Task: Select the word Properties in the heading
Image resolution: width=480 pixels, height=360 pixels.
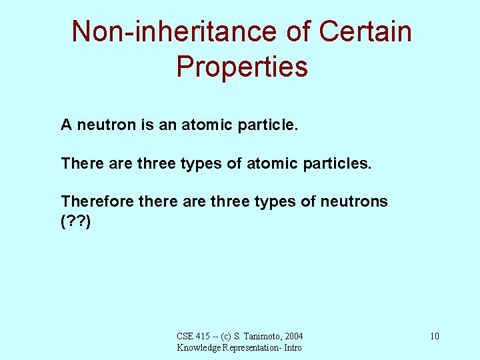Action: click(242, 66)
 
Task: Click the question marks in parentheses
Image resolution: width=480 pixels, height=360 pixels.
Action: click(75, 221)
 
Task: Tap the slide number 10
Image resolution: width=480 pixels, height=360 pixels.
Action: click(434, 336)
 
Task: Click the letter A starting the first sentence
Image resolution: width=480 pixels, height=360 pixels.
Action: click(67, 125)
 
